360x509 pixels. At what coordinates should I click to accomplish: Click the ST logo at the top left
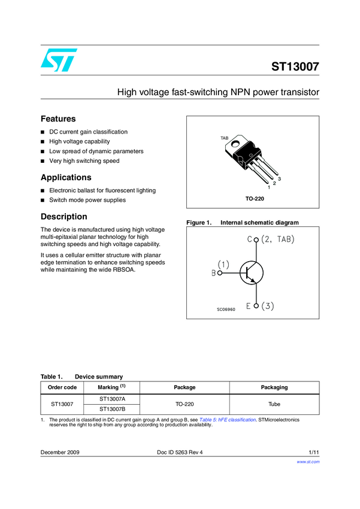click(x=59, y=60)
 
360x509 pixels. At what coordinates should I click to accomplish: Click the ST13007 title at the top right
click(x=295, y=67)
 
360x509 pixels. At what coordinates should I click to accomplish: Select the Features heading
click(x=58, y=119)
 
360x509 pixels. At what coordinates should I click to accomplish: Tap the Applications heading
click(x=66, y=177)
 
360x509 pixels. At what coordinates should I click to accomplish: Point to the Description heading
click(x=63, y=216)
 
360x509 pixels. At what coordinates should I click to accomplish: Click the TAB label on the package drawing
click(x=225, y=138)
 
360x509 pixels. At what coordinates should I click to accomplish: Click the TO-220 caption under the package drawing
click(x=255, y=198)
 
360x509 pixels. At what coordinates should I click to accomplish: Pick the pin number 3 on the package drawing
click(x=279, y=180)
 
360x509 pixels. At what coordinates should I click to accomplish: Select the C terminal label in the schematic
click(x=249, y=240)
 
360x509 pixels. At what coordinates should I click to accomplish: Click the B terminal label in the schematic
click(x=213, y=273)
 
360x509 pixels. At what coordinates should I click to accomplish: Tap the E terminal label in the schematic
click(x=249, y=307)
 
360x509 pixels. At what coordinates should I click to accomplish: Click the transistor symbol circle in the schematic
click(x=251, y=273)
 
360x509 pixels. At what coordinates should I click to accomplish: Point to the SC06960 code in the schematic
click(x=226, y=309)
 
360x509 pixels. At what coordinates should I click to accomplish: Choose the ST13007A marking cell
click(x=112, y=399)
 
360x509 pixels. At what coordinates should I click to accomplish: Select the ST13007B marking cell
click(x=112, y=410)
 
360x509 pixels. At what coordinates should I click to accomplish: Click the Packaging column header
click(x=274, y=387)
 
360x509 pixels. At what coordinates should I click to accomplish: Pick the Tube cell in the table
click(x=274, y=404)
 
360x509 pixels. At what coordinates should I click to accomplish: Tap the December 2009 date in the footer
click(x=60, y=452)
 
